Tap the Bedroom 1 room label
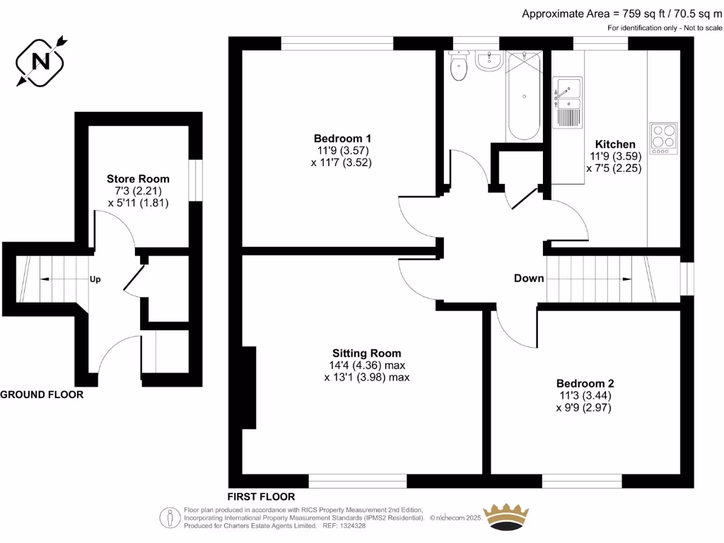click(x=342, y=138)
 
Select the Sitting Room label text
click(x=367, y=353)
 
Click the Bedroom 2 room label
click(x=584, y=383)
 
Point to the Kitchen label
click(x=614, y=144)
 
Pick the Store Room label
click(x=138, y=178)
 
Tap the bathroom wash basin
click(x=489, y=62)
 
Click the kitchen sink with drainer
click(x=567, y=103)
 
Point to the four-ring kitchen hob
click(x=663, y=138)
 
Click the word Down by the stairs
click(x=529, y=278)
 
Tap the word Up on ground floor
click(x=95, y=279)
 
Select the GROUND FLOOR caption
click(x=42, y=395)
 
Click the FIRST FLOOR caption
click(x=261, y=496)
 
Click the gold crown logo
click(x=506, y=517)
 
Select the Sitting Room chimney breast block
click(x=248, y=387)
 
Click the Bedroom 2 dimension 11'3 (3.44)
click(x=584, y=396)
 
